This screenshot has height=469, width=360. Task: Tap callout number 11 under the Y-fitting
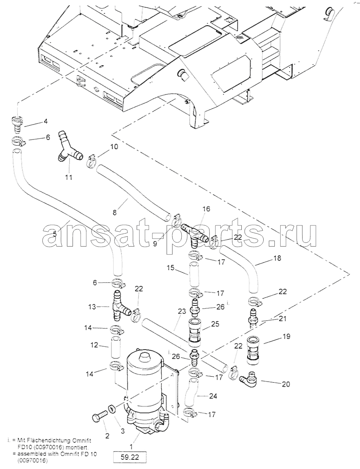coord(69,178)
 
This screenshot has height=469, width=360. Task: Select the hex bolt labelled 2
coord(100,416)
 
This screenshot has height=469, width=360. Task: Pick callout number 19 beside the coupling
coord(286,336)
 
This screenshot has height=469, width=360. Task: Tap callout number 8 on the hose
coord(115,212)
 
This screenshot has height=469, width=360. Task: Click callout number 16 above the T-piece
coord(206,209)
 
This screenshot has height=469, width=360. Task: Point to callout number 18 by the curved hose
coord(277,258)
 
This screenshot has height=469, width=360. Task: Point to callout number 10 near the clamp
coord(114,147)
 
